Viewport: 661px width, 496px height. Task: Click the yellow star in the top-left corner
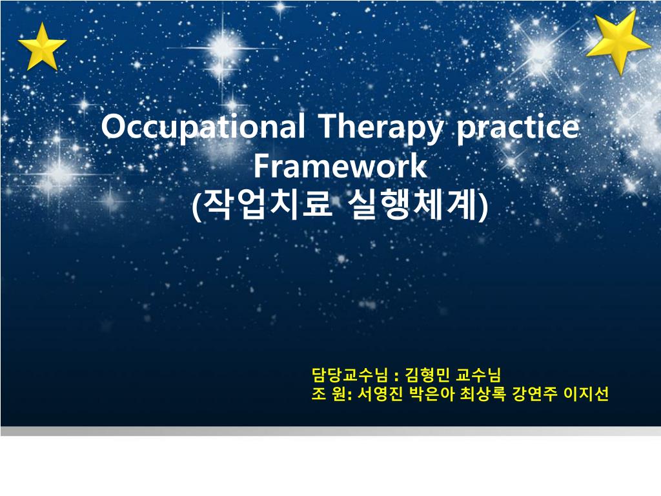click(x=41, y=46)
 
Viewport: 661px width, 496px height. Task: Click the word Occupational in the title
click(x=202, y=127)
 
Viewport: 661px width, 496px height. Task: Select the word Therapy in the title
click(x=380, y=127)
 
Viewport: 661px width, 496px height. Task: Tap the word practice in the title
click(x=517, y=127)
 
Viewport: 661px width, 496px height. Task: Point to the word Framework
click(x=340, y=166)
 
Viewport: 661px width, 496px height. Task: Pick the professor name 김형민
click(x=428, y=375)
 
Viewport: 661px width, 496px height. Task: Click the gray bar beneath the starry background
click(x=330, y=431)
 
